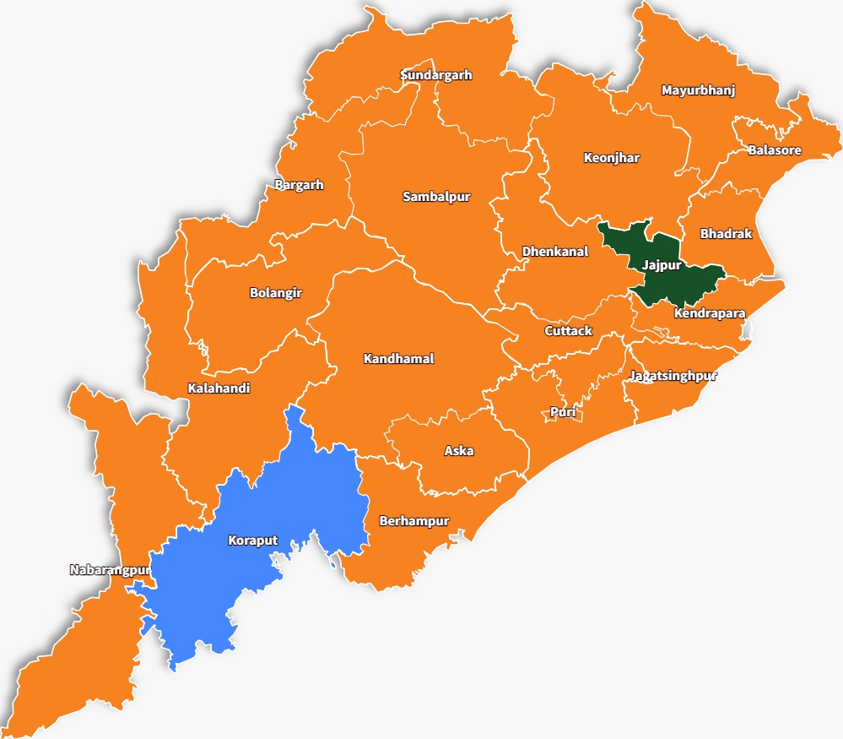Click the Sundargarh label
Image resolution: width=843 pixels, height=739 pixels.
click(435, 75)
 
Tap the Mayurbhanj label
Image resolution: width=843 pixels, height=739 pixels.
click(698, 90)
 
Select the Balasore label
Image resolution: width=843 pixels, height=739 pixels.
click(774, 150)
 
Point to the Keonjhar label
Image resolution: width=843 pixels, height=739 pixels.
click(611, 158)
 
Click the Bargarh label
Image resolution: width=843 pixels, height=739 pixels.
click(299, 185)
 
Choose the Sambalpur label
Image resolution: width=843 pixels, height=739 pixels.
click(435, 197)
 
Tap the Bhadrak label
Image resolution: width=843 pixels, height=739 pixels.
click(726, 233)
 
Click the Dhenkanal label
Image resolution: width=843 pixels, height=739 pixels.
click(554, 252)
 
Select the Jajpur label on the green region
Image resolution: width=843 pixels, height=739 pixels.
click(661, 264)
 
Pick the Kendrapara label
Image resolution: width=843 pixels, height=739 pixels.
click(709, 313)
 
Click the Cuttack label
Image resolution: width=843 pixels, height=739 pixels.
click(568, 331)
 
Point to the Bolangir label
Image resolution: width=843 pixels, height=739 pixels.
click(275, 293)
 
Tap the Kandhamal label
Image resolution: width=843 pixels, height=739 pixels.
click(398, 359)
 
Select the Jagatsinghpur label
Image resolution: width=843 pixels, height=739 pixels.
click(672, 376)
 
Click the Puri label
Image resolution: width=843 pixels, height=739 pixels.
click(562, 412)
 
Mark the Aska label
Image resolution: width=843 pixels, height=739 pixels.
click(458, 451)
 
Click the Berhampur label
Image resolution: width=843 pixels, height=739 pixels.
click(413, 520)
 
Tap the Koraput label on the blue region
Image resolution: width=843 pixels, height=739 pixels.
click(252, 541)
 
